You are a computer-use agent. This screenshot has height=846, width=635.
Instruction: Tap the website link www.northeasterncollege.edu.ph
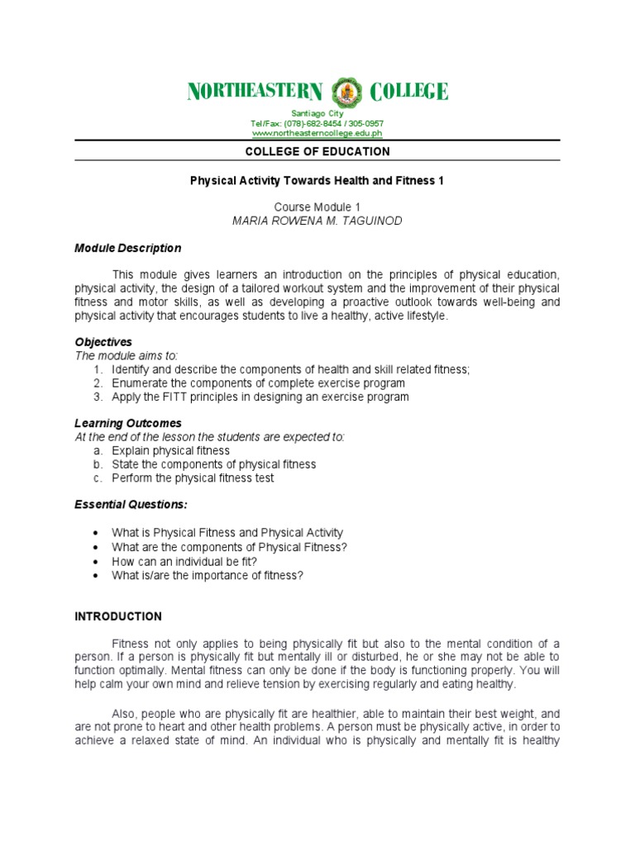pyautogui.click(x=317, y=133)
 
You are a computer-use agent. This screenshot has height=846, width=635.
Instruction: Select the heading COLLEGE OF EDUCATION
pyautogui.click(x=317, y=152)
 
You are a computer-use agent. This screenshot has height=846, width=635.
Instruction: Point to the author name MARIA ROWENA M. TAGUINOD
pyautogui.click(x=317, y=221)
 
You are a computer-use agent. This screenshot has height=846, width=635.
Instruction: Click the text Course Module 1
pyautogui.click(x=317, y=207)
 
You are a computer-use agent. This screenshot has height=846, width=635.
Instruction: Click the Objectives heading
pyautogui.click(x=103, y=342)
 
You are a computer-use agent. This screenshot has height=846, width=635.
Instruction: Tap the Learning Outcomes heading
pyautogui.click(x=128, y=424)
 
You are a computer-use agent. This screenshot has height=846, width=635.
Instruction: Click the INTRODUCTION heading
pyautogui.click(x=118, y=617)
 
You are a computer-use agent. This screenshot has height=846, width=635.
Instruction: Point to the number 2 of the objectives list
pyautogui.click(x=97, y=383)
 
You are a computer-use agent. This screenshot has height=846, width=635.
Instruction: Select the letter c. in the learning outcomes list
pyautogui.click(x=97, y=478)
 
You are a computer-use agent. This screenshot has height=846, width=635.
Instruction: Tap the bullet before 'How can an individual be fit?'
pyautogui.click(x=97, y=561)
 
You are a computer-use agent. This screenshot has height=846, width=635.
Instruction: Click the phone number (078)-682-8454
pyautogui.click(x=310, y=123)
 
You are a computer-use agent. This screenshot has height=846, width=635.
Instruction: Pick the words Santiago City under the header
pyautogui.click(x=317, y=113)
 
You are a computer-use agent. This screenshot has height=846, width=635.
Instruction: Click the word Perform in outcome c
pyautogui.click(x=131, y=478)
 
